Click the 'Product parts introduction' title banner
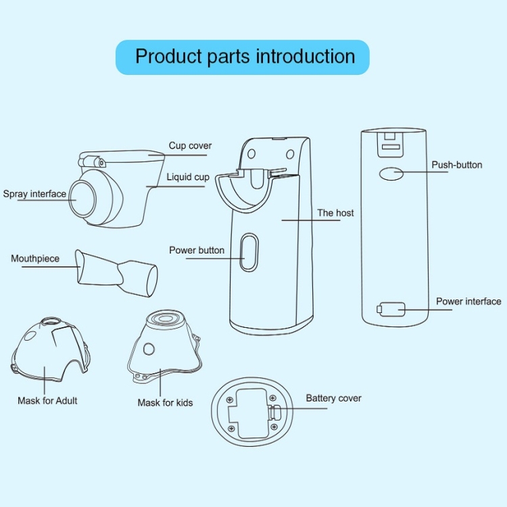click(245, 56)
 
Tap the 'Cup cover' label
click(190, 145)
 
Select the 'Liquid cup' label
click(188, 177)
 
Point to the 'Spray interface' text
click(34, 194)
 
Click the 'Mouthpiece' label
click(35, 258)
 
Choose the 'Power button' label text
click(197, 250)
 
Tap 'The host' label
click(335, 213)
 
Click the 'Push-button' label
click(457, 164)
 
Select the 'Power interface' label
click(468, 301)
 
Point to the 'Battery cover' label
click(333, 398)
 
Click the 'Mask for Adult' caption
click(47, 401)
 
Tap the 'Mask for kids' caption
click(165, 403)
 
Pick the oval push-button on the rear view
click(390, 173)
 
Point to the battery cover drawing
click(254, 412)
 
